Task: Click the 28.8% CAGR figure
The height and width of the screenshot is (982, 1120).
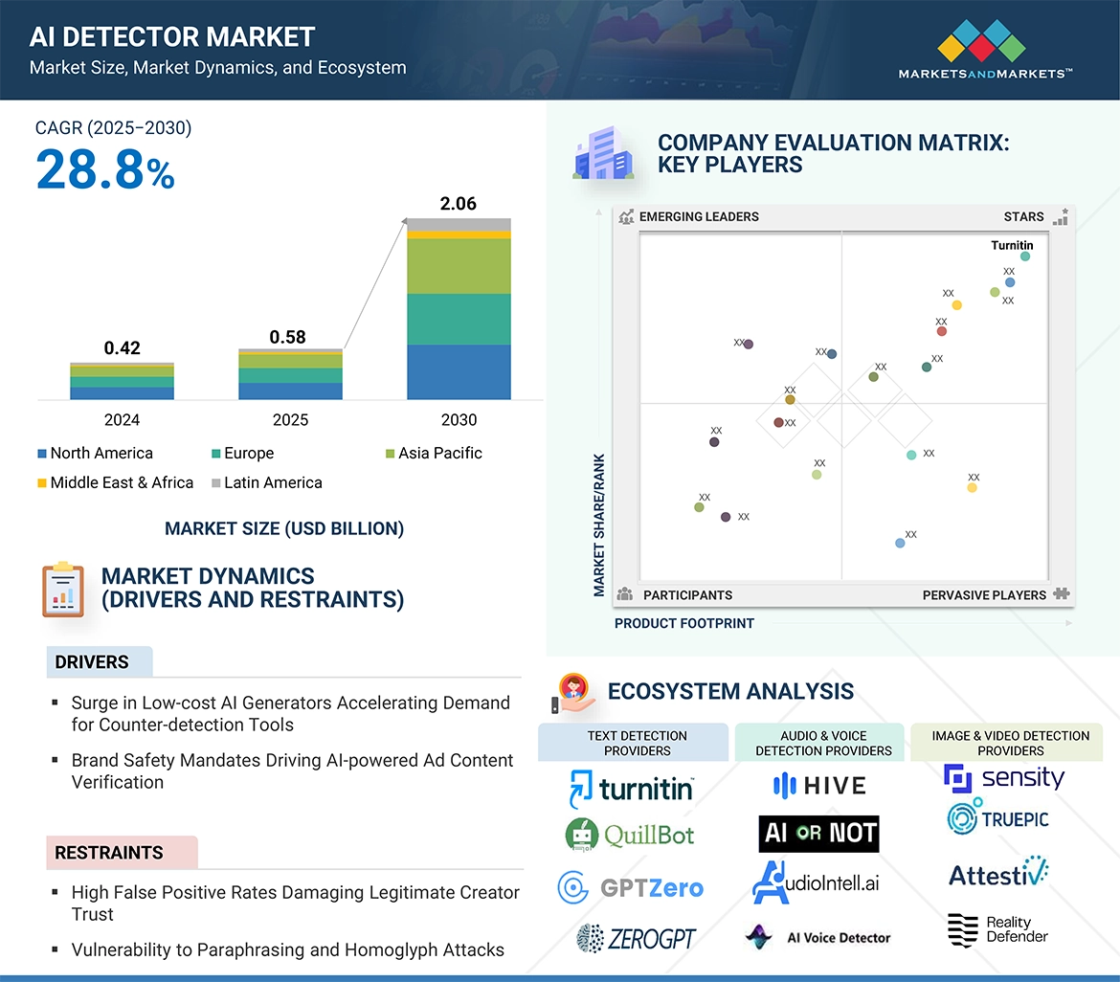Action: click(x=105, y=170)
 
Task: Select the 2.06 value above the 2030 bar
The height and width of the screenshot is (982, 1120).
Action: click(x=458, y=204)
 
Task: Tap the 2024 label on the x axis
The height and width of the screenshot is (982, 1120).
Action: click(x=122, y=420)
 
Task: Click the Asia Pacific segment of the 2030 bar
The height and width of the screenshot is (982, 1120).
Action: click(x=459, y=266)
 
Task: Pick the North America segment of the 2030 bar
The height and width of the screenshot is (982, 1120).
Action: click(x=459, y=372)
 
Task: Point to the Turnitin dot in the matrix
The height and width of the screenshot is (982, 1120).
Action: click(x=1025, y=257)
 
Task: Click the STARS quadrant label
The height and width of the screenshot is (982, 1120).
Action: click(x=1023, y=217)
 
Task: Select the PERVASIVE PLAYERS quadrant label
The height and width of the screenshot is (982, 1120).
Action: click(x=984, y=595)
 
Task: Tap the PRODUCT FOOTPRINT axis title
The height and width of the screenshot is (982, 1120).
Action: click(x=683, y=624)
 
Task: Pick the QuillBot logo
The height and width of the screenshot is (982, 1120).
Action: click(x=630, y=835)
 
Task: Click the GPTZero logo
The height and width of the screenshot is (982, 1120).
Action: click(x=630, y=887)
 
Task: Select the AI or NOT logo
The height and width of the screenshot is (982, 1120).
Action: click(x=818, y=834)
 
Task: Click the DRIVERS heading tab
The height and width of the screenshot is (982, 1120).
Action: click(x=92, y=662)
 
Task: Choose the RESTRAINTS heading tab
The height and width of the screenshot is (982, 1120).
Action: click(x=109, y=853)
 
